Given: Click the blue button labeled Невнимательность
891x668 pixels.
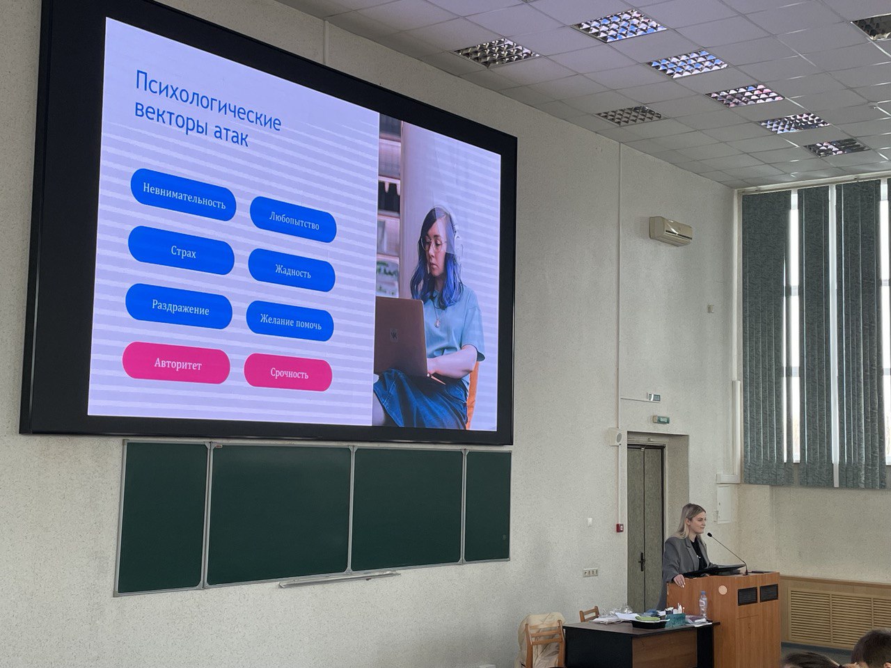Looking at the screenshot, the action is pyautogui.click(x=184, y=195).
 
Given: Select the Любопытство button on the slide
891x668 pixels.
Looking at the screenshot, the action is pyautogui.click(x=293, y=219).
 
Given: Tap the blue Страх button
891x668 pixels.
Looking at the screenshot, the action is pyautogui.click(x=182, y=250).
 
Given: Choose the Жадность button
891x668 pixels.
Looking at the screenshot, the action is pyautogui.click(x=292, y=270).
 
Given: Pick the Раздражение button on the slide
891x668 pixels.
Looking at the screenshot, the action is pyautogui.click(x=179, y=306).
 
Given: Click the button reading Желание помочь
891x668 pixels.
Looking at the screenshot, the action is pyautogui.click(x=290, y=321).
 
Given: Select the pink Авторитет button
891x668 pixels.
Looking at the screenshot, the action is pyautogui.click(x=177, y=363).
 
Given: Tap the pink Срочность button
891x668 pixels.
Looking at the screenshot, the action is pyautogui.click(x=288, y=372).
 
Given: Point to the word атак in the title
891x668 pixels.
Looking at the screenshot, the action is pyautogui.click(x=231, y=136).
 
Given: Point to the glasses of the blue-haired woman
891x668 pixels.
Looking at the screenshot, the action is pyautogui.click(x=434, y=244).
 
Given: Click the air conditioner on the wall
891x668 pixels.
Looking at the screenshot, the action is pyautogui.click(x=670, y=230).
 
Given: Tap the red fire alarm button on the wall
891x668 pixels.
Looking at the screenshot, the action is pyautogui.click(x=620, y=527).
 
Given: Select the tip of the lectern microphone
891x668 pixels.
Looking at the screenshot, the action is pyautogui.click(x=709, y=534).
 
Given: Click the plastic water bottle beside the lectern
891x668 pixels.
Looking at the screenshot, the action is pyautogui.click(x=703, y=605).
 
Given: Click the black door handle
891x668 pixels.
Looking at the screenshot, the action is pyautogui.click(x=641, y=562).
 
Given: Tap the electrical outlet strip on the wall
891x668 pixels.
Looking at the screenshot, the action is pyautogui.click(x=590, y=572).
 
